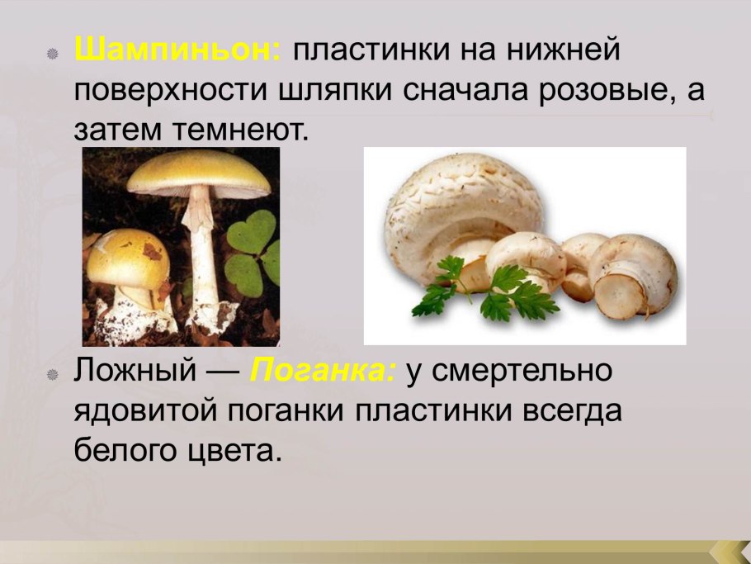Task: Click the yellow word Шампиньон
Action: coord(178,52)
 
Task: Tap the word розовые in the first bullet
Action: coord(605,91)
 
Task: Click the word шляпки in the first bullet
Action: coord(333,91)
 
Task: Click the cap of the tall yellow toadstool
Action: coord(198,172)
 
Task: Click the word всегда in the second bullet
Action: coord(569,411)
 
